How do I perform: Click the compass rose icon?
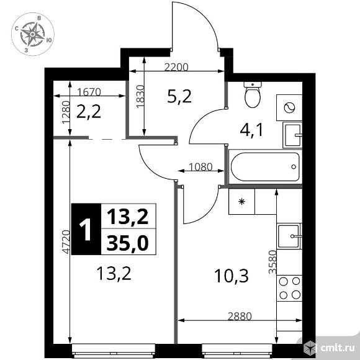[x=33, y=34]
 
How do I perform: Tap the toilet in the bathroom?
[x=253, y=94]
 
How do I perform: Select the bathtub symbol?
[x=265, y=167]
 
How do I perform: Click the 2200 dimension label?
[x=176, y=67]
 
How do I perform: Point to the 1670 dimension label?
[x=89, y=92]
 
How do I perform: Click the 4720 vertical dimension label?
[x=66, y=241]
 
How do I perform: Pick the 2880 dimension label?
[x=240, y=317]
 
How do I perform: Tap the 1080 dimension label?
[x=200, y=167]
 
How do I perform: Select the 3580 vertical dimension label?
[x=272, y=262]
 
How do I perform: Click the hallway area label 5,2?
[x=179, y=97]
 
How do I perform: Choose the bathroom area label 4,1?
[x=251, y=130]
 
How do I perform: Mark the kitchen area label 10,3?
[x=231, y=276]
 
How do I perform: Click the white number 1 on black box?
[x=86, y=230]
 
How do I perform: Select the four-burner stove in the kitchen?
[x=289, y=287]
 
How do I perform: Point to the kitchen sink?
[x=289, y=236]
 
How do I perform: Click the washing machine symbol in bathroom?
[x=289, y=107]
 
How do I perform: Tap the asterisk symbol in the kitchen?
[x=241, y=202]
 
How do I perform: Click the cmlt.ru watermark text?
[x=337, y=348]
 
